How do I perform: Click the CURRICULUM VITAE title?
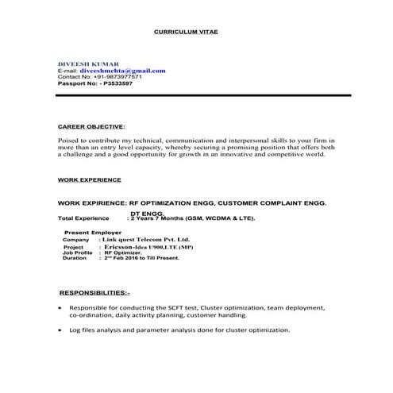pyautogui.click(x=185, y=31)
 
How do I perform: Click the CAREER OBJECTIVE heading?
pyautogui.click(x=91, y=126)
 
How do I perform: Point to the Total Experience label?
pyautogui.click(x=83, y=218)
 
